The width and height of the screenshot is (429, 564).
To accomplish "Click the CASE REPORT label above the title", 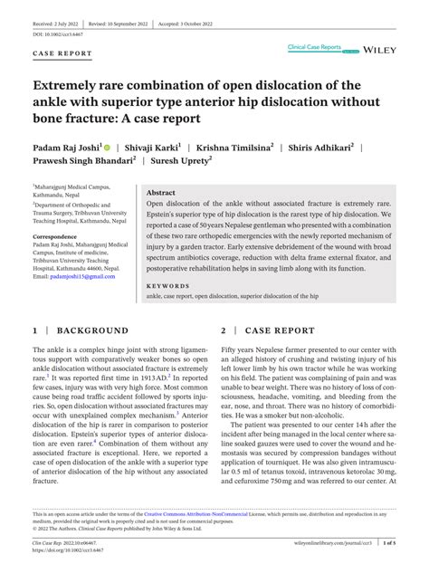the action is (62, 53).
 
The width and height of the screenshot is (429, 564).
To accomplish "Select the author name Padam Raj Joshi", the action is (67, 146).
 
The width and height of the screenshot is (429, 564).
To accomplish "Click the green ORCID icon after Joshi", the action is (107, 146).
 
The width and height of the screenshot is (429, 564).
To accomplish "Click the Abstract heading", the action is (160, 193).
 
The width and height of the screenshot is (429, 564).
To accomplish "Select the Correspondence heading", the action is (61, 236).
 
